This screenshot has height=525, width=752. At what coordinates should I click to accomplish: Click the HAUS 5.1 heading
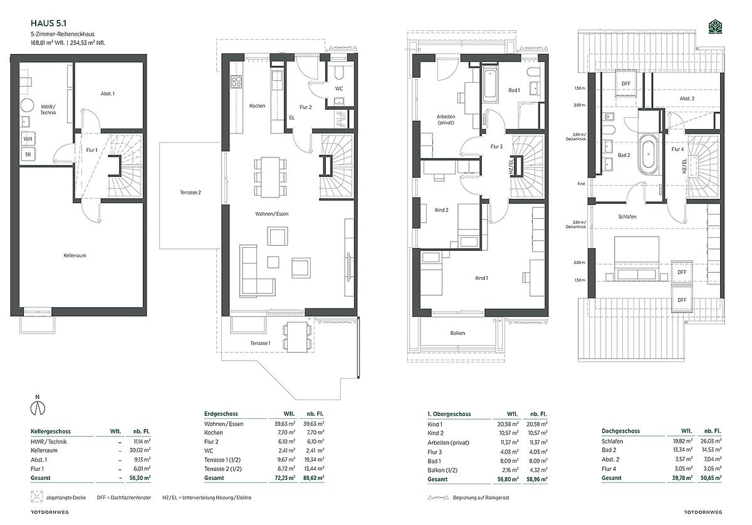(x=48, y=23)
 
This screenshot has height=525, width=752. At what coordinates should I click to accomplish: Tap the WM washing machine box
(x=28, y=139)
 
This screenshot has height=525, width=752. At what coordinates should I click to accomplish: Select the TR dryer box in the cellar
(x=28, y=154)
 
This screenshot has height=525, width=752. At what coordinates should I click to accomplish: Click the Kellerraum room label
(x=75, y=255)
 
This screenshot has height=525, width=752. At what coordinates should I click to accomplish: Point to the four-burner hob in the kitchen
(x=236, y=82)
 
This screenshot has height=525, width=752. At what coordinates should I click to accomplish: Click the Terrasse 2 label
(x=191, y=193)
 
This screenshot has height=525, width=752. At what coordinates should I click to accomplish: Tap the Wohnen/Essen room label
(x=272, y=214)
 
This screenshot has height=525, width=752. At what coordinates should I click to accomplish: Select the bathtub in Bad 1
(x=490, y=85)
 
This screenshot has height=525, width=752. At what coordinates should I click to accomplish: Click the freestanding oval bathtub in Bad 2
(x=649, y=154)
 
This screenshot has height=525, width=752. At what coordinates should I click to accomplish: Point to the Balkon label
(x=457, y=333)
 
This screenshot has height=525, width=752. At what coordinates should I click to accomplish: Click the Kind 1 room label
(x=482, y=278)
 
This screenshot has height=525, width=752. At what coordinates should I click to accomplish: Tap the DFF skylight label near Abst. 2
(x=626, y=83)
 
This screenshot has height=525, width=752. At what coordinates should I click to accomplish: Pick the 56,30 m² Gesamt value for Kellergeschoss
(x=140, y=477)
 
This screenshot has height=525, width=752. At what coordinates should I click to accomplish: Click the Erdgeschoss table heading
(x=221, y=414)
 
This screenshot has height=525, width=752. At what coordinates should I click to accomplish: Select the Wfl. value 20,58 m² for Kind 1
(x=508, y=424)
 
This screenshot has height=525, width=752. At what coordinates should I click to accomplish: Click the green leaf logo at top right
(x=715, y=27)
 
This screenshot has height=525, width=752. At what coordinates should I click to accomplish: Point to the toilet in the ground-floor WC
(x=339, y=72)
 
